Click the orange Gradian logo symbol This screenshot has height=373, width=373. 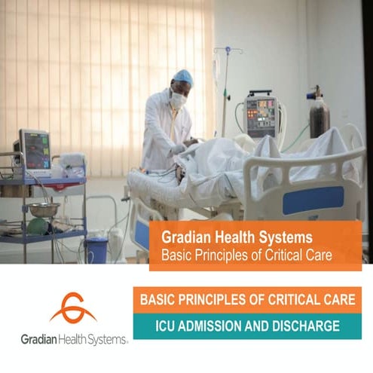point(72,309)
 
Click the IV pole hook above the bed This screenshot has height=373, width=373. point(228,51)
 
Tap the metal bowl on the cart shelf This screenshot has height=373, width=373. point(43,209)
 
